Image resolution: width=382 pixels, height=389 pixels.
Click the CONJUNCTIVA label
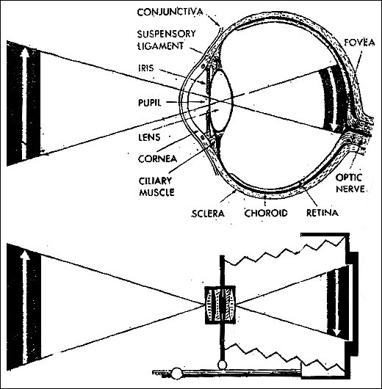[x=170, y=12]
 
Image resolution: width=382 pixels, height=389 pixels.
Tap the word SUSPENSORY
[x=167, y=34]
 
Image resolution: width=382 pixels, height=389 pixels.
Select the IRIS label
[x=146, y=68]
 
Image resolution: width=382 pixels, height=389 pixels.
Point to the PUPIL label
[x=150, y=103]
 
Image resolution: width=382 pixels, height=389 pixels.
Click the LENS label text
[x=149, y=137]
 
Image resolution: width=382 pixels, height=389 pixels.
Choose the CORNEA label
[x=157, y=159]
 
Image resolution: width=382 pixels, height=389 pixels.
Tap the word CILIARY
[x=155, y=181]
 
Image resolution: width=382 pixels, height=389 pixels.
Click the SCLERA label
[x=208, y=214]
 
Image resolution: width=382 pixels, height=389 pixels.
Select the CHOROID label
[x=266, y=213]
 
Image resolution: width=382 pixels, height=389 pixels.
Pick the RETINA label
[x=322, y=213]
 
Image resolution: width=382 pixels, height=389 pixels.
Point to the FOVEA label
[x=359, y=43]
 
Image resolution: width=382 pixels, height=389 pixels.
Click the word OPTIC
[x=349, y=178]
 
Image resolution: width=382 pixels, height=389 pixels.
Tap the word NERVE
[x=350, y=189]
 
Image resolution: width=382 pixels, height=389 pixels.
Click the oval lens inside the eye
[x=221, y=101]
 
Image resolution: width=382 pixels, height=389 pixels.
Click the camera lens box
[x=220, y=305]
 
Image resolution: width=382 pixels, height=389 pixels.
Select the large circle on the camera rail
[x=177, y=374]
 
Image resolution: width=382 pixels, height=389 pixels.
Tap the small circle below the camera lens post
[x=222, y=365]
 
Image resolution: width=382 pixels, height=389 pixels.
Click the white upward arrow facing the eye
[x=24, y=104]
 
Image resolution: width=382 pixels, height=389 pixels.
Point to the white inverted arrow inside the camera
[x=336, y=302]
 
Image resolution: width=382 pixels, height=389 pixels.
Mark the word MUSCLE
[x=156, y=192]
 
